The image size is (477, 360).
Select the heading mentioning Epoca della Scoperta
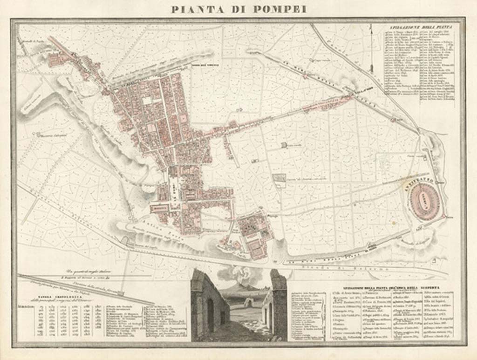point(373,288)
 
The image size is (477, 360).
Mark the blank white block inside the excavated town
point(147,100)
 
